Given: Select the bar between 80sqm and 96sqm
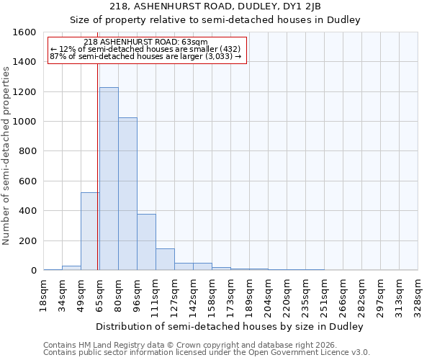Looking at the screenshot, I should (x=127, y=194).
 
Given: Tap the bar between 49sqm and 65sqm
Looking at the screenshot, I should (x=90, y=231).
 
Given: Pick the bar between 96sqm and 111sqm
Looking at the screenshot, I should (x=146, y=242).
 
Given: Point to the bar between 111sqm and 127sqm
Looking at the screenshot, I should (x=165, y=259).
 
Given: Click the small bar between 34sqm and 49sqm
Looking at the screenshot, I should (x=71, y=268).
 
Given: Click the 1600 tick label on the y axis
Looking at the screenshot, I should (x=24, y=32).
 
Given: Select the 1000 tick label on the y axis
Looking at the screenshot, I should (x=24, y=122).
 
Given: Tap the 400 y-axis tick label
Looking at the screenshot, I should (x=27, y=211).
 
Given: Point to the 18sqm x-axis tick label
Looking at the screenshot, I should (x=44, y=296).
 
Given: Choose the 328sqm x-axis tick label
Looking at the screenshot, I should (x=418, y=296).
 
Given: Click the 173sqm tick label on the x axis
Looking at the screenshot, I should (x=231, y=296).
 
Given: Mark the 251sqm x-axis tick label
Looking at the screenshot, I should (x=325, y=296).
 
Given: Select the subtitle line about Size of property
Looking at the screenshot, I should (x=216, y=19).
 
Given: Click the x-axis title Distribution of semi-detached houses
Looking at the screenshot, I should (x=230, y=326).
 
